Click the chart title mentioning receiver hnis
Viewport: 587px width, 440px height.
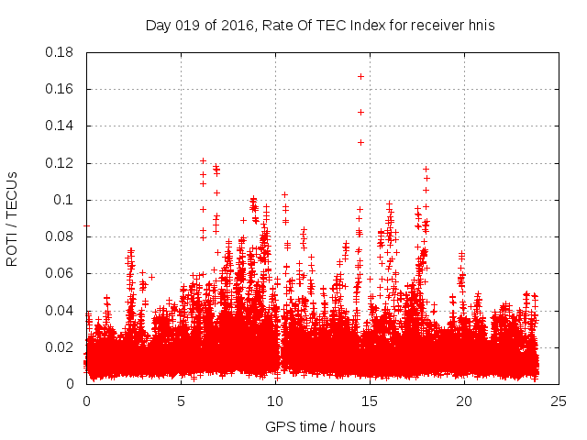(x=320, y=25)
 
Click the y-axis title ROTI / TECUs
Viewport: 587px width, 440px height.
(x=12, y=218)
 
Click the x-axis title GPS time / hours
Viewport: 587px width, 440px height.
(x=320, y=426)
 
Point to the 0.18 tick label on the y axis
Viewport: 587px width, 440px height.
(x=60, y=52)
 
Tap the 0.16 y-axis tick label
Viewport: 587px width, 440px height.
(x=60, y=89)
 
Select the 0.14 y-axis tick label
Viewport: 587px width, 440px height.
(x=60, y=126)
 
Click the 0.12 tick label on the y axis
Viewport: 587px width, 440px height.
(x=60, y=163)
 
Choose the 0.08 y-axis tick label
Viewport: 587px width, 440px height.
(x=60, y=236)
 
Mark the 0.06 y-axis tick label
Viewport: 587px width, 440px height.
(x=60, y=273)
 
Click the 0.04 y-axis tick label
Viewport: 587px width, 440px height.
(x=60, y=310)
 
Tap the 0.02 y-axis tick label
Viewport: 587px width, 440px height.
(x=60, y=347)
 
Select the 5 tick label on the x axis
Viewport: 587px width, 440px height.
(x=181, y=401)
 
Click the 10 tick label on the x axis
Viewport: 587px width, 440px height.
(x=275, y=401)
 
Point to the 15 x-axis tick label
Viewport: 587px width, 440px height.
(x=370, y=401)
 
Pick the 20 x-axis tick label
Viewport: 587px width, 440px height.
(x=464, y=401)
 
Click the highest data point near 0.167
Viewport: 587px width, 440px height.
(x=361, y=76)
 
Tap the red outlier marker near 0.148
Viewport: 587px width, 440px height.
(x=361, y=112)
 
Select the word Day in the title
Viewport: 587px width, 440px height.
(x=159, y=25)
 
